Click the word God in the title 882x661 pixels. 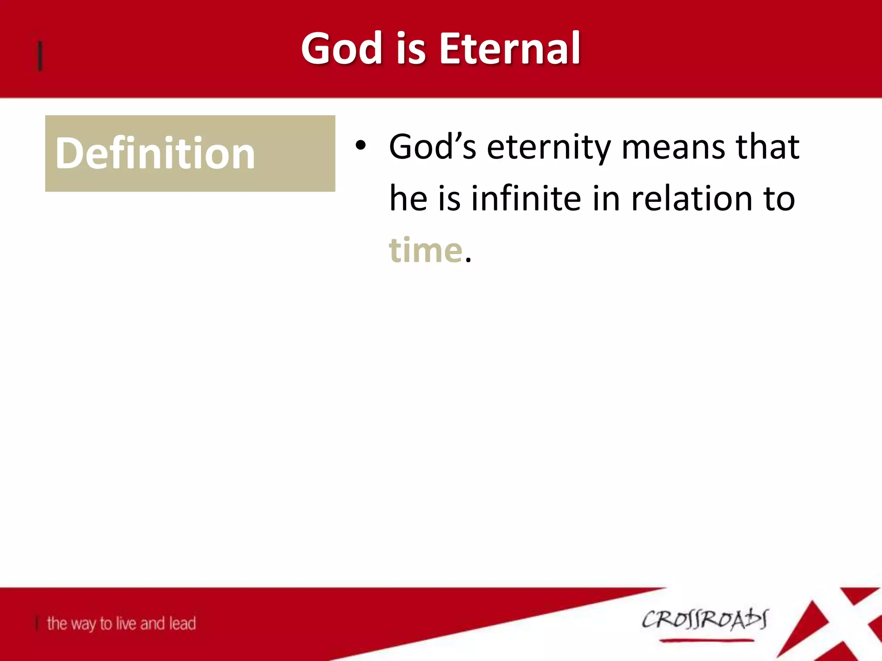(342, 48)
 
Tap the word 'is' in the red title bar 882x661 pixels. (411, 48)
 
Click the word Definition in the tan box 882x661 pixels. (155, 153)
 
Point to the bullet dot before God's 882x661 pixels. (360, 146)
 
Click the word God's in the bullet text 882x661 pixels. (432, 146)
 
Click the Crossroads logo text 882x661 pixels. (705, 620)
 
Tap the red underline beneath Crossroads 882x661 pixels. (706, 641)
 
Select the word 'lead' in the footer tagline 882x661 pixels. (182, 623)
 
